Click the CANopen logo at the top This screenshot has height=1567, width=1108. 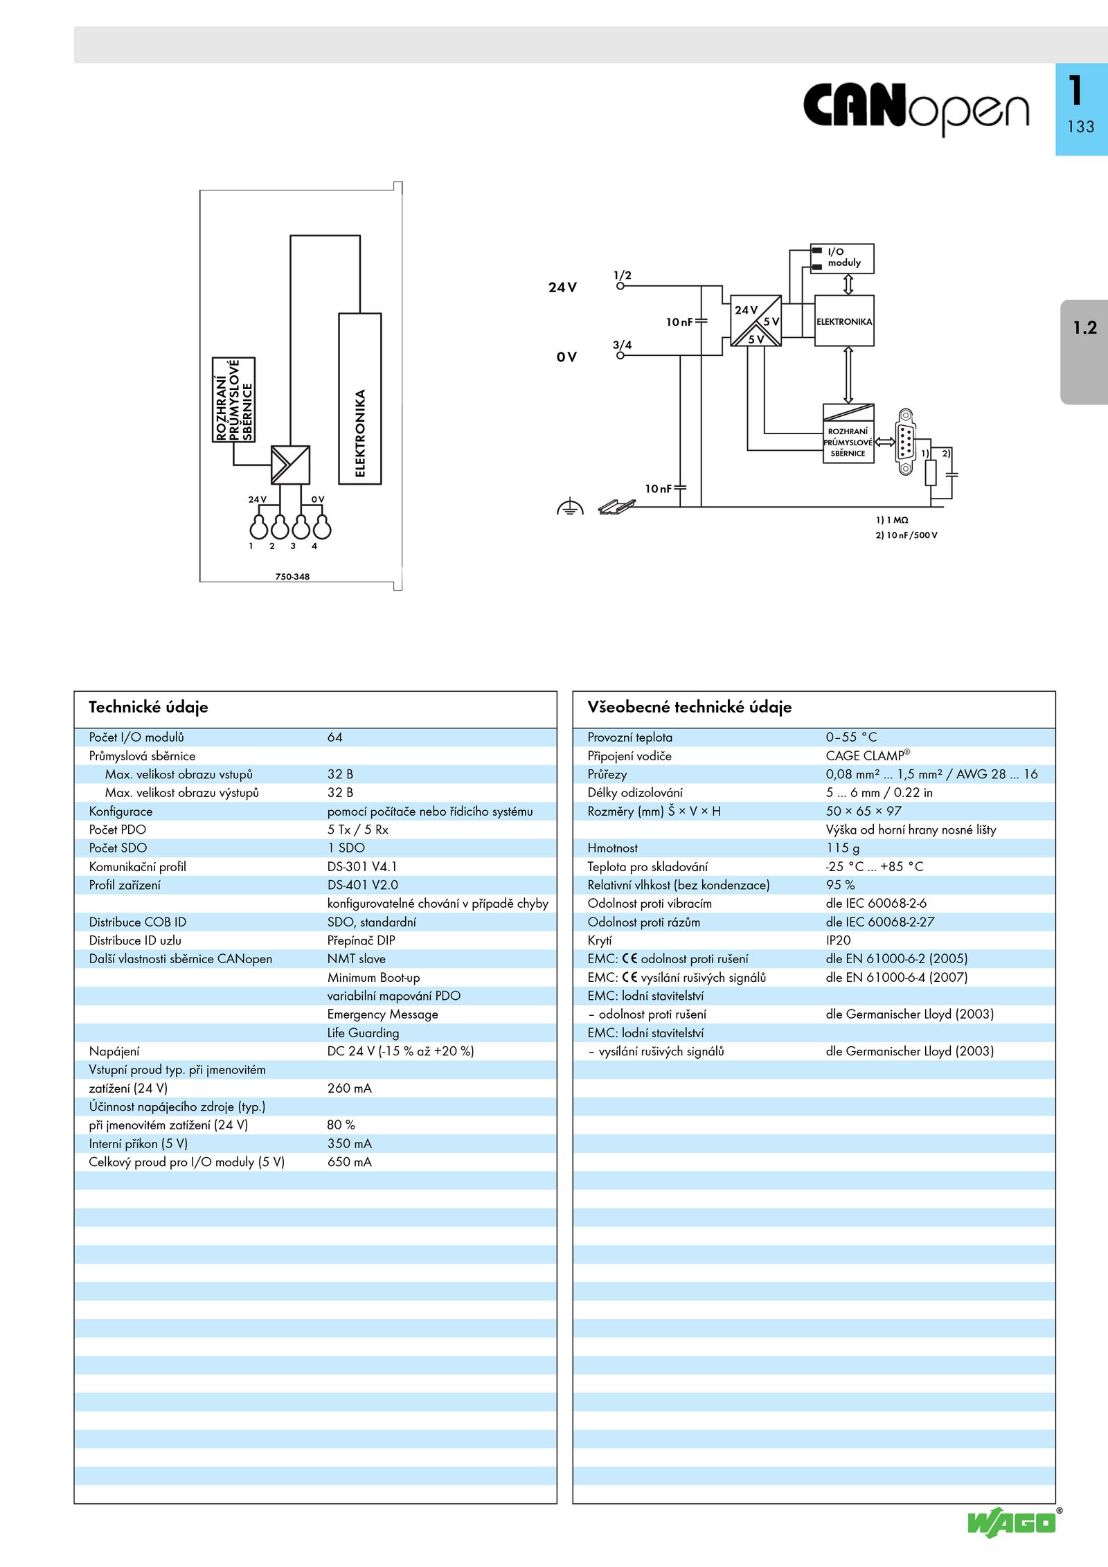[x=916, y=109]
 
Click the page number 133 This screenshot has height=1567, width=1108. [x=1081, y=127]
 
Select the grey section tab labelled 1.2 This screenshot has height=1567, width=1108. [x=1084, y=352]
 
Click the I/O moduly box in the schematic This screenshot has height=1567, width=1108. [x=842, y=258]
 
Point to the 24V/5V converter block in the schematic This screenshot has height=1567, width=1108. [x=756, y=321]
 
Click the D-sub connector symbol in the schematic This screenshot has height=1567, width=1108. [x=905, y=442]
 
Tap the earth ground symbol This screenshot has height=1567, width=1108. [x=570, y=507]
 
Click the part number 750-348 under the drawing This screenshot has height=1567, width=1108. [x=292, y=576]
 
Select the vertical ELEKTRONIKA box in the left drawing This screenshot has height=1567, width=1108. [x=360, y=398]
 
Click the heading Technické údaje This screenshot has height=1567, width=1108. [x=148, y=707]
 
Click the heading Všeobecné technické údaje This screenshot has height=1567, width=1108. [x=689, y=707]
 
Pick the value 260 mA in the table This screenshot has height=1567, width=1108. [x=350, y=1088]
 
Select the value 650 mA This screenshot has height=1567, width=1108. [x=350, y=1162]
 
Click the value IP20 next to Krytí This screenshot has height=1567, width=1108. [x=838, y=940]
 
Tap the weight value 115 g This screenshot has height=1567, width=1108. [x=843, y=848]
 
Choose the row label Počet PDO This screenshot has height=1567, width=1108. [x=118, y=830]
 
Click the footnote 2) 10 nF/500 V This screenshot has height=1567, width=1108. [x=906, y=535]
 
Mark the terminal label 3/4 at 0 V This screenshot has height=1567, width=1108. [x=622, y=345]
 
